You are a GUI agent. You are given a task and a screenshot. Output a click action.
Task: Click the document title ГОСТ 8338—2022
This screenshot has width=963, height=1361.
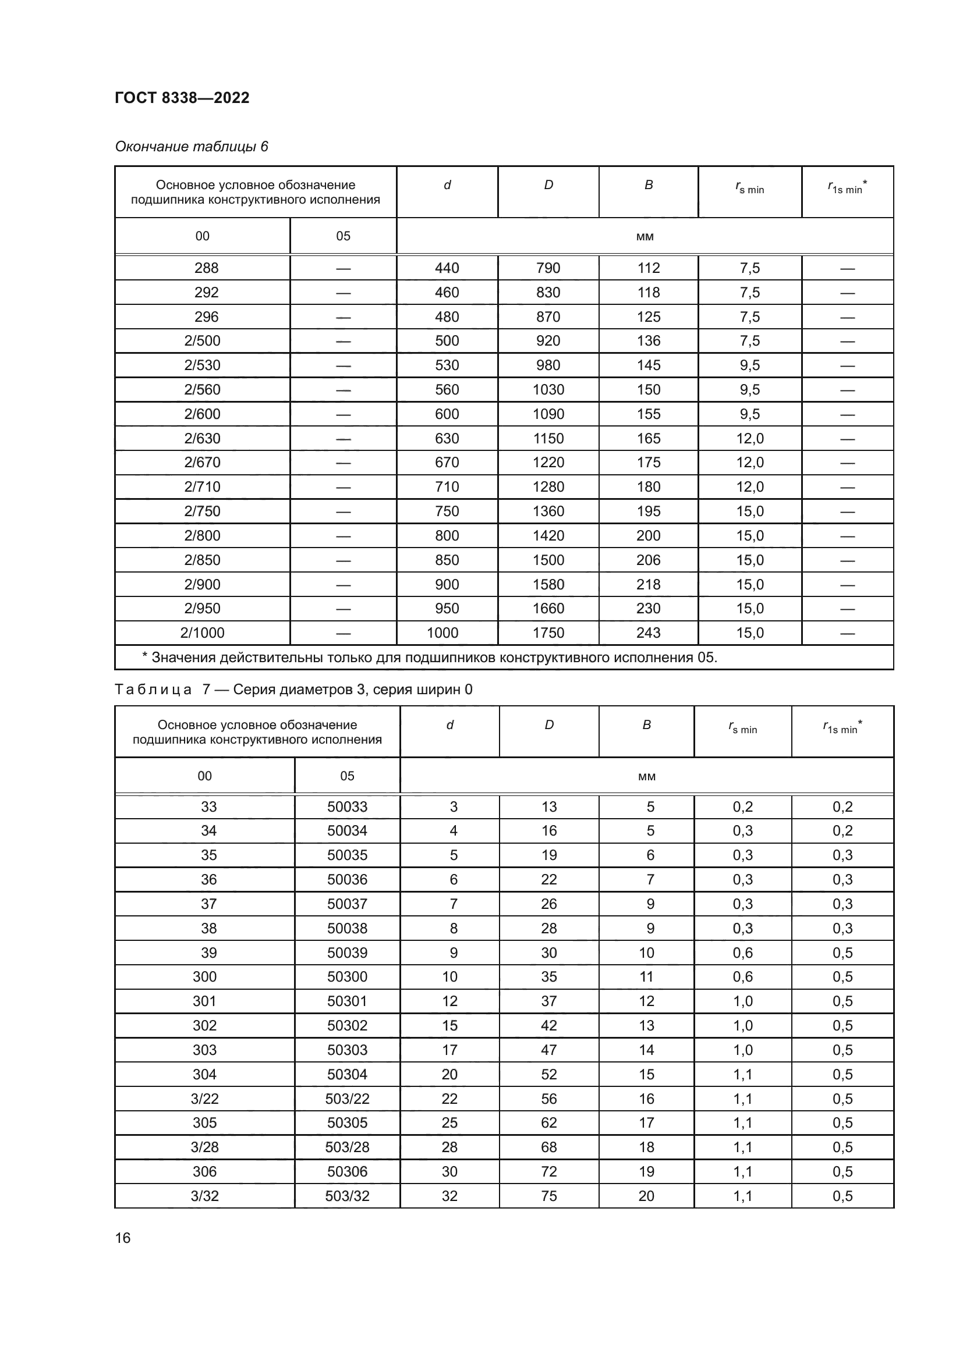click(182, 98)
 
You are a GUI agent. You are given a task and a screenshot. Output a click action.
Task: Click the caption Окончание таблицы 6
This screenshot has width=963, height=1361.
click(192, 147)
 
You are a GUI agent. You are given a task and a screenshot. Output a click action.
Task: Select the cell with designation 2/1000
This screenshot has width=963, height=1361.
click(202, 633)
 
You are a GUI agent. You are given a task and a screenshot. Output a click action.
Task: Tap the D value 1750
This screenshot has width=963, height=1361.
click(548, 633)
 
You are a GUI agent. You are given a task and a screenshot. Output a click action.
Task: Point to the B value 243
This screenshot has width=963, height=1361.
click(648, 633)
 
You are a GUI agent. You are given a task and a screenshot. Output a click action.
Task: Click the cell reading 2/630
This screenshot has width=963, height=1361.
click(202, 439)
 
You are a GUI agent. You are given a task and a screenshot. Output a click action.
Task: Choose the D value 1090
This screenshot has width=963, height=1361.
click(548, 414)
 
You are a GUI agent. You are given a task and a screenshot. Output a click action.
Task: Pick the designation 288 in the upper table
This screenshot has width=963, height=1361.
click(206, 268)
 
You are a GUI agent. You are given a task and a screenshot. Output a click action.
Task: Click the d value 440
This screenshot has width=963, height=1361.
click(447, 268)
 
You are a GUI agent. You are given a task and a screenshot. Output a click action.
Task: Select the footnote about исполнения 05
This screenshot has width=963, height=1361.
click(429, 658)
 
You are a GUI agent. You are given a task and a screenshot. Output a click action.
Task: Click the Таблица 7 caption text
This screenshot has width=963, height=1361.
click(293, 690)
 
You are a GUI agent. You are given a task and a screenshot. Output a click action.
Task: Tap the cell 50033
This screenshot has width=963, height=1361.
click(347, 806)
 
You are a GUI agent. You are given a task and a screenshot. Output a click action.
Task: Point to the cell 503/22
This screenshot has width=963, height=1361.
click(347, 1099)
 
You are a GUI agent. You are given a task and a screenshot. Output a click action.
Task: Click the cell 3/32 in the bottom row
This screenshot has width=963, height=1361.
click(204, 1196)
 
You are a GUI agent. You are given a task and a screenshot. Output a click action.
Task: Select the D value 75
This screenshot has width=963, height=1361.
click(548, 1196)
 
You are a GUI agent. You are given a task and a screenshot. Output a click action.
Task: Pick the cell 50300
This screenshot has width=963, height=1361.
click(347, 976)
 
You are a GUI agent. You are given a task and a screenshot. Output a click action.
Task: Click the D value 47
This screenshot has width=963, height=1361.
click(548, 1050)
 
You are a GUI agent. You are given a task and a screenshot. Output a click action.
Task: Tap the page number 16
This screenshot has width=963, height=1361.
click(123, 1238)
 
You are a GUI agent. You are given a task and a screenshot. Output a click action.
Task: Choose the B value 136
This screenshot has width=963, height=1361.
click(648, 341)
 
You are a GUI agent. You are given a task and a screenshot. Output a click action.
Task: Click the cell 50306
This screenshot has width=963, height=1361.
click(347, 1171)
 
